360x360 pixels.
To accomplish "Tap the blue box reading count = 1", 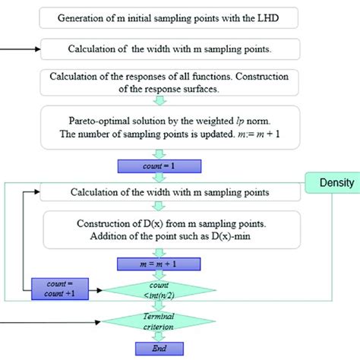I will pyautogui.click(x=159, y=166).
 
